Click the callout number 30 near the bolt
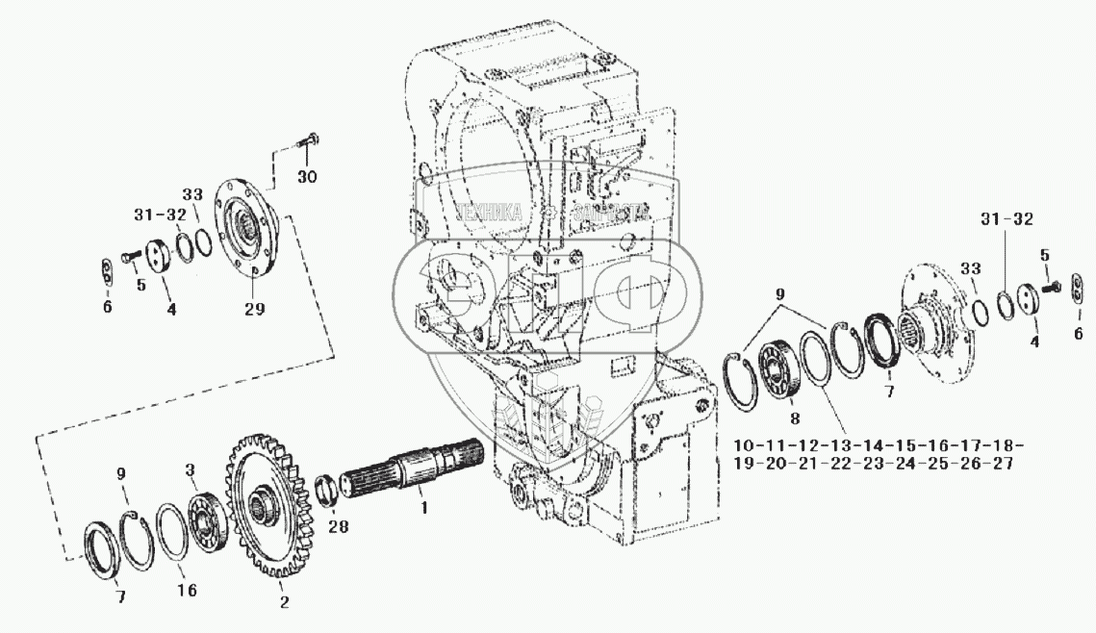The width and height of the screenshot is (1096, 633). (x=306, y=178)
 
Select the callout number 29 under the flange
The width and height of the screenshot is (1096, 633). (x=254, y=308)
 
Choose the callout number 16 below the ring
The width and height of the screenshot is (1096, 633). (x=188, y=590)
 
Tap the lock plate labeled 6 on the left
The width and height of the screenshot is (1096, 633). (x=107, y=271)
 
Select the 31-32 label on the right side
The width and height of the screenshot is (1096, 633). (x=1007, y=218)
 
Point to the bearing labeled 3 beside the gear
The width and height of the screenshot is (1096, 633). (x=204, y=511)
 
